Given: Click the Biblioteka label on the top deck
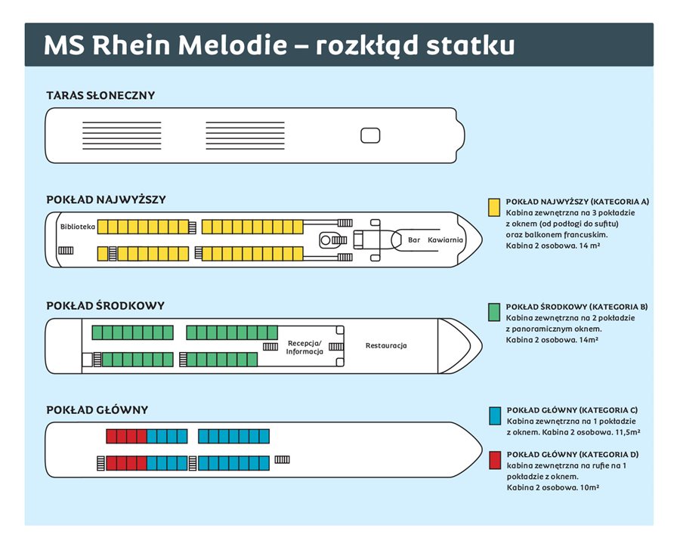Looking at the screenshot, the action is [78, 227].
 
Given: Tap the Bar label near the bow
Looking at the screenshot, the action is [414, 239].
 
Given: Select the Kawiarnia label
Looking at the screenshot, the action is [445, 239].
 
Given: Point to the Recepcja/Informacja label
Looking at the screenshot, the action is [304, 348].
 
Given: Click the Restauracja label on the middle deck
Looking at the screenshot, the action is [386, 346].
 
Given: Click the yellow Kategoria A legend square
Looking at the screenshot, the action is [494, 207].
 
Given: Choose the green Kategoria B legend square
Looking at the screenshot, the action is [494, 312].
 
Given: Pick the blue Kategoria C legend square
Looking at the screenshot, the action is [495, 416].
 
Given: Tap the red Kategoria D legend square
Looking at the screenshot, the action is [495, 460].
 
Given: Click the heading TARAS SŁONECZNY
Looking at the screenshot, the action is [100, 95].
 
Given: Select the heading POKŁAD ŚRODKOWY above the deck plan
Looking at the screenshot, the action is [105, 306].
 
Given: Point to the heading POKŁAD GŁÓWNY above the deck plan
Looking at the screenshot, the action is [97, 410].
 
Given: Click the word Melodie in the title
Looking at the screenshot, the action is [233, 45].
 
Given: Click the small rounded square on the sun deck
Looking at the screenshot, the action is [370, 135].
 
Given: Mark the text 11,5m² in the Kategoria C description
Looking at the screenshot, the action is [628, 432].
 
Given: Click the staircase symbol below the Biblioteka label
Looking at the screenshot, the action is [66, 251].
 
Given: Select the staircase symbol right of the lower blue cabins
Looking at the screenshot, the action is [282, 460].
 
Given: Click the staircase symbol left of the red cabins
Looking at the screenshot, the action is [100, 463].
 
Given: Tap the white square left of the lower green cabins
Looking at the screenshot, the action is [87, 360].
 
